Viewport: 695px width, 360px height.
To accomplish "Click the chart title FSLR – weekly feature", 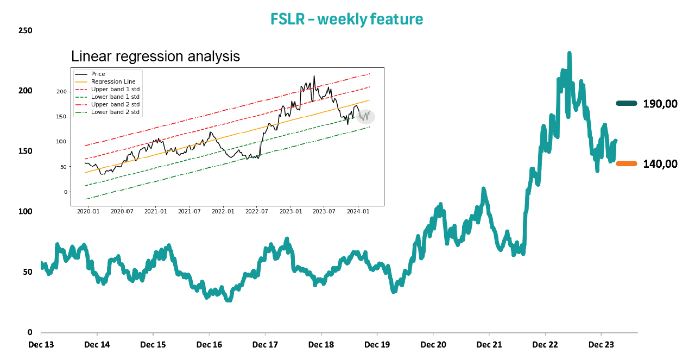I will click(346, 20).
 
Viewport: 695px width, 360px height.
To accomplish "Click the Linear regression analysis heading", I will click(155, 56).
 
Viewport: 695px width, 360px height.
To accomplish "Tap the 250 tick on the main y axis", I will click(25, 30).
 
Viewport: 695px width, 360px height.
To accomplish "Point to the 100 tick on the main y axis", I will click(25, 211).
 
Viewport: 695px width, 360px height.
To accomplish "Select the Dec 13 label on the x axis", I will click(41, 344).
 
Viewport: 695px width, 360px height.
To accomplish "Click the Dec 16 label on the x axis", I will click(209, 344).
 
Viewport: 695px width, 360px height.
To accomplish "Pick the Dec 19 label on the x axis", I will click(377, 344).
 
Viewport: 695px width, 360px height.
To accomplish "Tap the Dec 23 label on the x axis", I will click(601, 344).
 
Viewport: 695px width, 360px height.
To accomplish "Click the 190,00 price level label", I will click(660, 104).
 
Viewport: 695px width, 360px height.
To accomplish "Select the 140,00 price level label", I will click(660, 163).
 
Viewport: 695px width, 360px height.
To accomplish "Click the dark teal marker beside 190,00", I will click(626, 103).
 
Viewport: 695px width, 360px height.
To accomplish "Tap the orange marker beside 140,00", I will click(626, 163).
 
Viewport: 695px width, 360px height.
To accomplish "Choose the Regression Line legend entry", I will click(113, 81).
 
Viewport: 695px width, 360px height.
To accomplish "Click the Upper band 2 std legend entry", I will click(115, 104).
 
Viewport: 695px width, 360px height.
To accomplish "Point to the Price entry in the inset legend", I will click(98, 74).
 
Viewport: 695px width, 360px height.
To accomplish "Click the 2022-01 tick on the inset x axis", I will click(223, 211).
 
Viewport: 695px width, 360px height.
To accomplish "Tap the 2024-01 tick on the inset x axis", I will click(358, 211).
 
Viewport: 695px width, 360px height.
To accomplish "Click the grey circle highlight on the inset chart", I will click(366, 116).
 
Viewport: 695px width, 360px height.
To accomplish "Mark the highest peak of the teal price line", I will click(569, 53).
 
